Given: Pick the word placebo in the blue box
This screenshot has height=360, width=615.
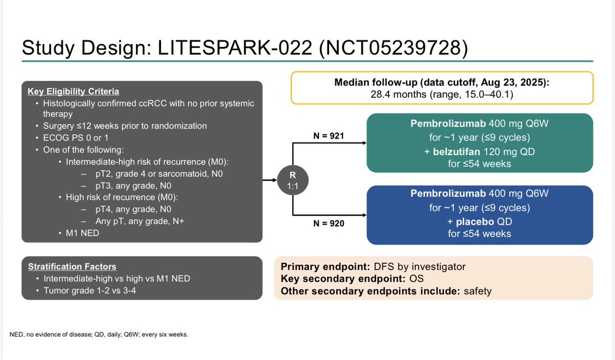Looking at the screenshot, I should tap(477, 222).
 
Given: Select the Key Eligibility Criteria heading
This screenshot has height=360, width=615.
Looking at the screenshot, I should tap(73, 92).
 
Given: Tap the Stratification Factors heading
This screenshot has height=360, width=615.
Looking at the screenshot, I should tap(72, 267).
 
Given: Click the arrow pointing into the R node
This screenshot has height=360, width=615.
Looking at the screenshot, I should tap(271, 180).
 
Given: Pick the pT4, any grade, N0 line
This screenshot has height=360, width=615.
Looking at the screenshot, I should tap(133, 209).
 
